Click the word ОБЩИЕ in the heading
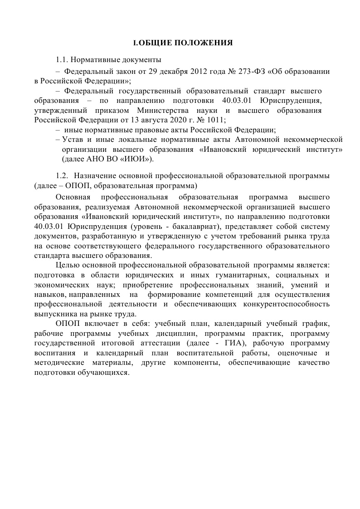click(155, 43)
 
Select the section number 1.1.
click(62, 60)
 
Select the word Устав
click(73, 140)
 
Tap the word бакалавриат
click(192, 226)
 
